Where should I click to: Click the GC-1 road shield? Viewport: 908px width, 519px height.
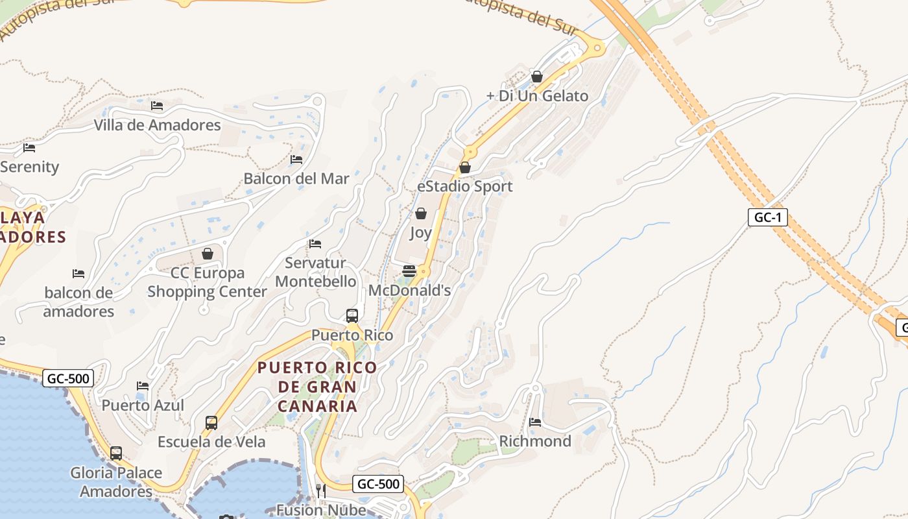(768, 217)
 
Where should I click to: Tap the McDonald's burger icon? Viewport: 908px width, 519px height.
(409, 271)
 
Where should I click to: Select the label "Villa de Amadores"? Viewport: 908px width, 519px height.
(158, 125)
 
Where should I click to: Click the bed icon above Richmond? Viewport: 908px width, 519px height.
(535, 422)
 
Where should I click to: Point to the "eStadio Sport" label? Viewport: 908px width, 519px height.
(465, 187)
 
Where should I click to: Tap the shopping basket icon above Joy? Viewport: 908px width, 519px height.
(421, 213)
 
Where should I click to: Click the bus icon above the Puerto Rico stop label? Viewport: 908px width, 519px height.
(352, 316)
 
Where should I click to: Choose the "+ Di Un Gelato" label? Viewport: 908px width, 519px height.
(537, 96)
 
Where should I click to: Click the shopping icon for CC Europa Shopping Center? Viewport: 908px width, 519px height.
(208, 254)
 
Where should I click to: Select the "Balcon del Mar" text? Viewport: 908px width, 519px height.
(296, 178)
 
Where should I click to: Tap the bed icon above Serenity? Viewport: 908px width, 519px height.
(29, 148)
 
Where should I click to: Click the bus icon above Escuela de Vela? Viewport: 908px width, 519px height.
(211, 423)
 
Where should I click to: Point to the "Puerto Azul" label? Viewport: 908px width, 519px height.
(143, 405)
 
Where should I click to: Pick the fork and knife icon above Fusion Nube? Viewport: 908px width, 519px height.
(321, 490)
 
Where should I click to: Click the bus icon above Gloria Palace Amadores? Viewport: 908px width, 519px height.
(116, 453)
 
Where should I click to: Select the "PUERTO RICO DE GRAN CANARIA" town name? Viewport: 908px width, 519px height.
(317, 387)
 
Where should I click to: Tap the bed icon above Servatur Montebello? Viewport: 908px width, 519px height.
(315, 244)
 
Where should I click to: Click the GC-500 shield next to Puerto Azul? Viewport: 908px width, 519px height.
(68, 378)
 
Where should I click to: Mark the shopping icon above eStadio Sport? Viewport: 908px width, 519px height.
(465, 168)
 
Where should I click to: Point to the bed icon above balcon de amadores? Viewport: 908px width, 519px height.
(78, 274)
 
